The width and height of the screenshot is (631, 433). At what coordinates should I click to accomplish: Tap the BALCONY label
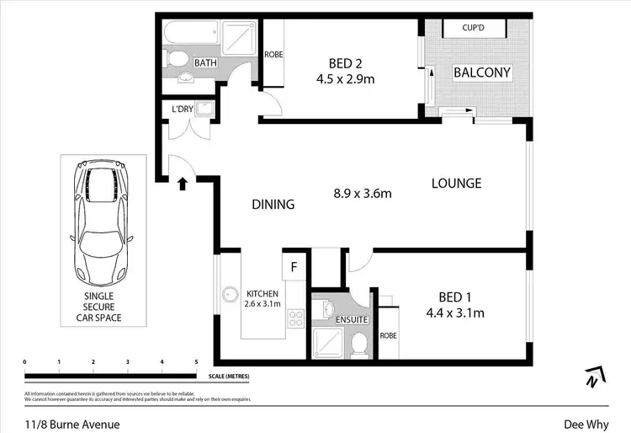coord(482,72)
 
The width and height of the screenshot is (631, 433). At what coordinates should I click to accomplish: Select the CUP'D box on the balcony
coord(473,28)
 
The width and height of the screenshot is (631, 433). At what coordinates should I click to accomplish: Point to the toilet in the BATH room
coord(177,60)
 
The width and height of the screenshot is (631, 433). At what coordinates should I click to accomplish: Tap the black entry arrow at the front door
coord(182,183)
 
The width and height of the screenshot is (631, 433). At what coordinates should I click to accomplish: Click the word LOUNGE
coord(456,183)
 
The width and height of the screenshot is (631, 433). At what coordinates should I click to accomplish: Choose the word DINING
coord(273,204)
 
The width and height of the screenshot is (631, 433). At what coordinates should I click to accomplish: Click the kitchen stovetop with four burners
coord(296,318)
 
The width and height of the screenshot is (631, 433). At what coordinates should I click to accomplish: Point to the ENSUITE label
coord(351,320)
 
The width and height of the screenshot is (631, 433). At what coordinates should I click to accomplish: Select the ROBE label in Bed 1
coord(388,334)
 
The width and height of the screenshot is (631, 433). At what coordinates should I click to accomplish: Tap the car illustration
coord(103,222)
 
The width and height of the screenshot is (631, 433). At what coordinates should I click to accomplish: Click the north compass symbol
coord(594,377)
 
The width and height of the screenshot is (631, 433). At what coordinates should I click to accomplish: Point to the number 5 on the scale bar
coord(196,361)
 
